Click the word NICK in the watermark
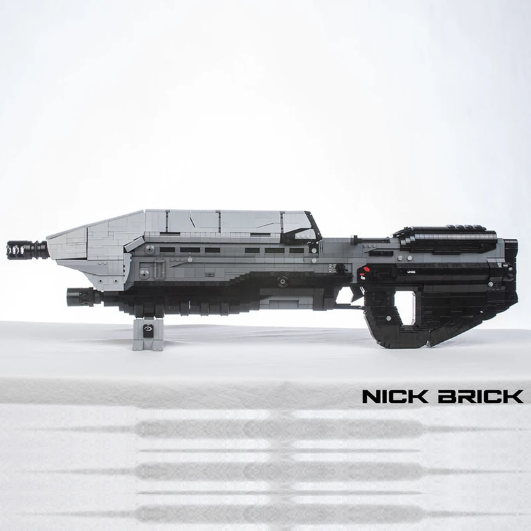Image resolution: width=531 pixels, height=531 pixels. pos(395,396)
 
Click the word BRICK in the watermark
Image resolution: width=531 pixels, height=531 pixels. pos(481,396)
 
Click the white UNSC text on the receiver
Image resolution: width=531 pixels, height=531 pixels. pos(410,271)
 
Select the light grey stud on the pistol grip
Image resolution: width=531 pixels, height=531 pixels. pos(388,318)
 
